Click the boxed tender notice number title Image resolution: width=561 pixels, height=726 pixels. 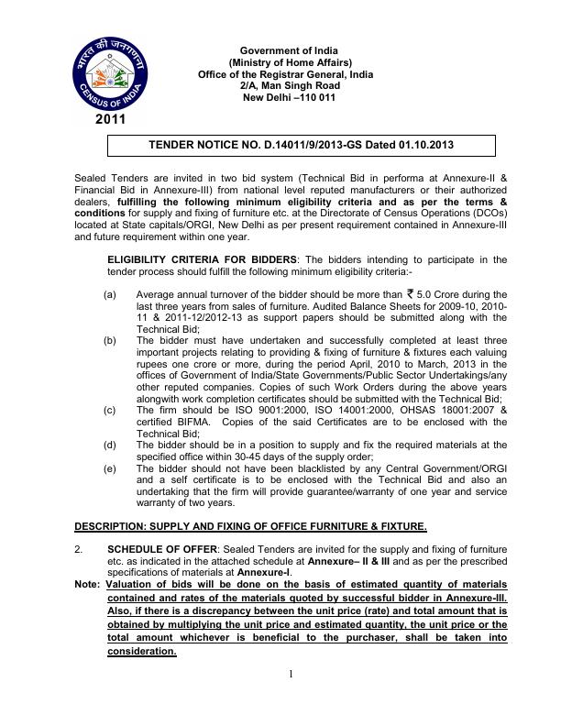[x=302, y=145]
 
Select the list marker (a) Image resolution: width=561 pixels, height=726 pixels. [x=110, y=294]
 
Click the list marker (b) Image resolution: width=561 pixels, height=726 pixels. [x=110, y=338]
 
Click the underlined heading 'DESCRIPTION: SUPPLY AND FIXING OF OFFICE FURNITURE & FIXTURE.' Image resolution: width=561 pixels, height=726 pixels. [x=250, y=525]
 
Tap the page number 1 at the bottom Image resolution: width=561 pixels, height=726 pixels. [x=290, y=701]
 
